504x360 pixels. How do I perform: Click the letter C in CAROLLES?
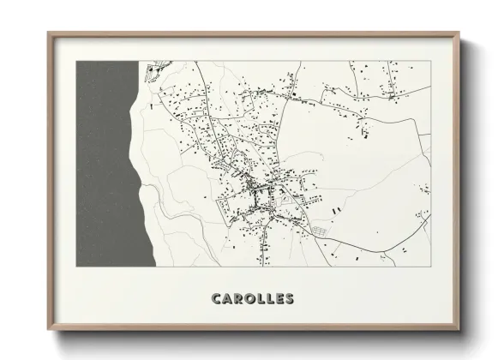[215, 299]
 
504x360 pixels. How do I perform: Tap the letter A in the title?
[226, 299]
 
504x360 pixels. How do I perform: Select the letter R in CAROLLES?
[237, 299]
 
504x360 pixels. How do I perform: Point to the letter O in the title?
[249, 299]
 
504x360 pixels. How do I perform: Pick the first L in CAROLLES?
[261, 299]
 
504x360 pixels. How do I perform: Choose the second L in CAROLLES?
[270, 299]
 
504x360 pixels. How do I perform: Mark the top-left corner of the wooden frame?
[49, 33]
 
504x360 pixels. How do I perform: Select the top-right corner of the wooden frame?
[455, 33]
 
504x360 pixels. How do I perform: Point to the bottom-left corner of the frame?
[49, 331]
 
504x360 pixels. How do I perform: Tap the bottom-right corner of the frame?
[455, 331]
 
